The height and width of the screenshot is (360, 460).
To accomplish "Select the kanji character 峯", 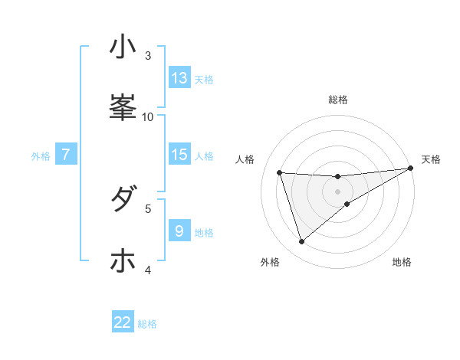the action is [123, 107].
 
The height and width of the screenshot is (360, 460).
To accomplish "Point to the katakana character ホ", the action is [123, 260].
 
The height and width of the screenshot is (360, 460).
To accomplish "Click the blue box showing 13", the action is [179, 78].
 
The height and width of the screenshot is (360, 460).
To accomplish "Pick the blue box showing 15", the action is [179, 155].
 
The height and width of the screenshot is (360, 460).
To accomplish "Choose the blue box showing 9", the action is [179, 231].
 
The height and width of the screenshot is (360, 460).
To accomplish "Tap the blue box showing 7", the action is [66, 155].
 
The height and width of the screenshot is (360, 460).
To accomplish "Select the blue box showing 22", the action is [123, 322].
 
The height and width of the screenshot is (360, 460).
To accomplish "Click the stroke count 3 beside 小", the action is [148, 55].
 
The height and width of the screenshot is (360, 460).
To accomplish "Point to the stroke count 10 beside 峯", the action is [148, 116].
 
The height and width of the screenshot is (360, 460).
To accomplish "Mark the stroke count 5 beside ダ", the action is [148, 208].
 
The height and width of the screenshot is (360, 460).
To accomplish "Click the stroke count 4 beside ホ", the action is [148, 269].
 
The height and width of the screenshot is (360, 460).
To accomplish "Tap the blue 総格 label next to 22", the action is [148, 324].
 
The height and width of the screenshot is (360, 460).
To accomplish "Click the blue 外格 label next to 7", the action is [41, 156].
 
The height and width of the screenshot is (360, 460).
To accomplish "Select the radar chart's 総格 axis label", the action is [338, 100].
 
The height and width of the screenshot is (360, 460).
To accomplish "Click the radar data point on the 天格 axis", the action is [411, 169].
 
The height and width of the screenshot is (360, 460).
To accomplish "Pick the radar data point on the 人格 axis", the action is [280, 172].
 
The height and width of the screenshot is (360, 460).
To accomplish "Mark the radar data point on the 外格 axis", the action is [301, 242].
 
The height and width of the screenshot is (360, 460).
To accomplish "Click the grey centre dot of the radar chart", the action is [338, 191].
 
